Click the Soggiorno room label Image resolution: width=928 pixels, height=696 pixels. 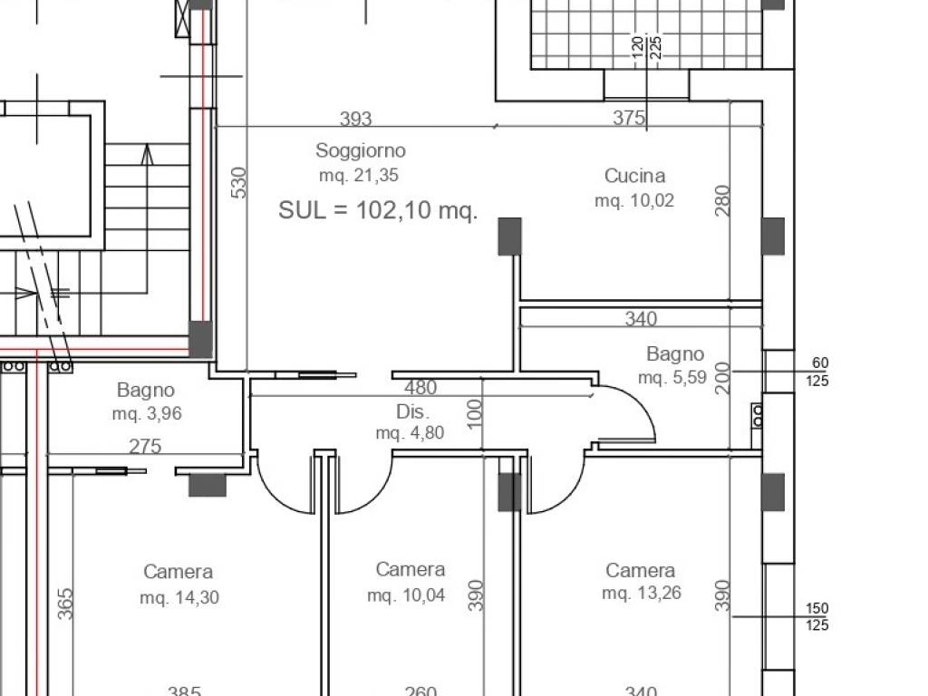coord(361,150)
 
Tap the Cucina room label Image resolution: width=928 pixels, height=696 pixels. coord(634,176)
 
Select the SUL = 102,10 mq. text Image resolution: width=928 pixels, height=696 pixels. coord(378,210)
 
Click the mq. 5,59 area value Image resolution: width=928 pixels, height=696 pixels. coord(672,378)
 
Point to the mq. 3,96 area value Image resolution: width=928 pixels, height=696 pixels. coord(147,413)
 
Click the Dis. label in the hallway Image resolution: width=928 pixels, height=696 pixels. coord(412,411)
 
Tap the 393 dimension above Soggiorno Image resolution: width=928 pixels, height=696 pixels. coord(355,119)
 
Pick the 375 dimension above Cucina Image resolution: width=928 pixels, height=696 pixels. coord(629,118)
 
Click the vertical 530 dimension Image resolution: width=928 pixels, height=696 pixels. coord(238,182)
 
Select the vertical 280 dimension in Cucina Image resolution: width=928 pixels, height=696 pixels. coord(722,200)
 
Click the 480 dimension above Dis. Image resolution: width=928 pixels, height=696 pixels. coord(420,388)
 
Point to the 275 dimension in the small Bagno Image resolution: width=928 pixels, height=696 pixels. coord(145,446)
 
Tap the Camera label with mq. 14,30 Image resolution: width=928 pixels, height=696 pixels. coord(179,572)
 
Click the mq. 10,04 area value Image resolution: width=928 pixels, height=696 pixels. coord(406,594)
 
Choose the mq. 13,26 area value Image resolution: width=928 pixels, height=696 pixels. coord(642,593)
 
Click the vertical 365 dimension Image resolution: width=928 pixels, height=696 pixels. coord(65,604)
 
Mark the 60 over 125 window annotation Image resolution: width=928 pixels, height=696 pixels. coord(817,372)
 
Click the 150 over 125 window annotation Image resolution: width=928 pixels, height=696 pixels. coord(817,616)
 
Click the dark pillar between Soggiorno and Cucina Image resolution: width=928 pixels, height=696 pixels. coord(509,237)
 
